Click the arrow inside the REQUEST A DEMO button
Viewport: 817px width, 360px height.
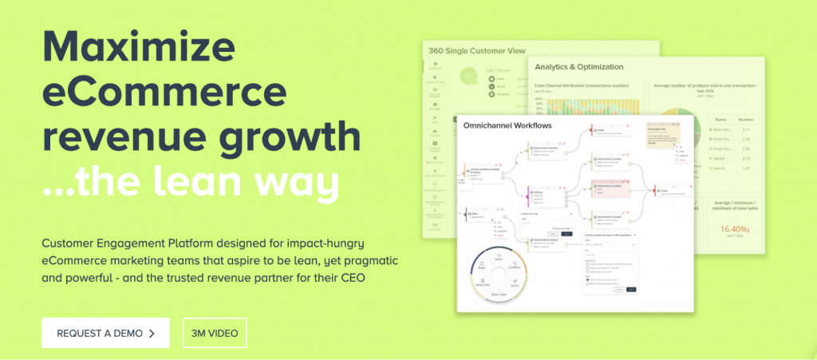(152, 332)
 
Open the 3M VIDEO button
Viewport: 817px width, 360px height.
(214, 332)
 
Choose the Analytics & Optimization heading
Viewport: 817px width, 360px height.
(579, 67)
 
